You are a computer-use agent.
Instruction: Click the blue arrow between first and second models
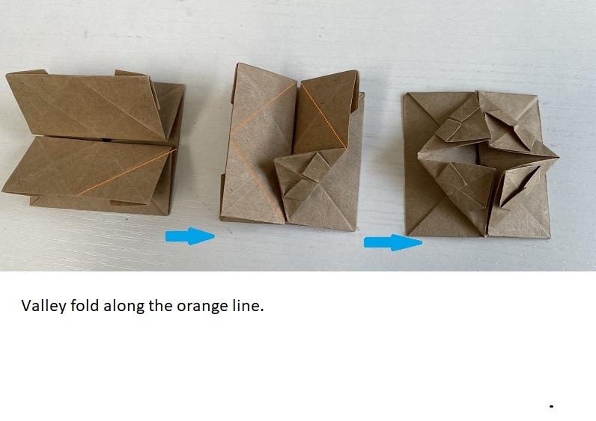coord(190,236)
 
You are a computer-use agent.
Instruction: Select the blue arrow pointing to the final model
coord(393,242)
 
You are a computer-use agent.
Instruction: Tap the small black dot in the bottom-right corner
coord(551,406)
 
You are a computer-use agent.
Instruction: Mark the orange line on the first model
coord(127,172)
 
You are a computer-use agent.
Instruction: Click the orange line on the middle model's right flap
coord(323,116)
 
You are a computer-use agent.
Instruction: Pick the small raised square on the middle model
coord(315,167)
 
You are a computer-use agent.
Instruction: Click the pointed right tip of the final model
coord(558,156)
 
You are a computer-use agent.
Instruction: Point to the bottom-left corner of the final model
coord(407,235)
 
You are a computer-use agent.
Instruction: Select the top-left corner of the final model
coord(404,93)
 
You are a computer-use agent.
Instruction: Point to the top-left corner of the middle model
coord(237,64)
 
